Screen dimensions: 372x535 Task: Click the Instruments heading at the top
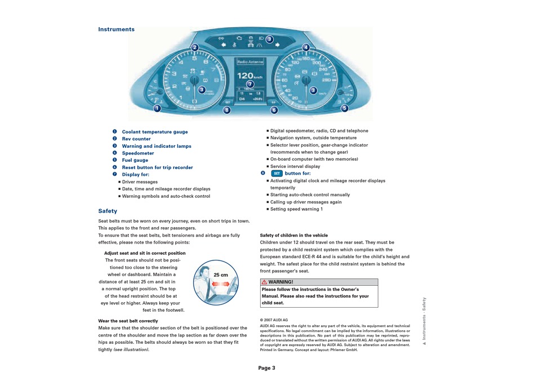(x=117, y=29)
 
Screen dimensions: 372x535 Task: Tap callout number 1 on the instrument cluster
(x=157, y=108)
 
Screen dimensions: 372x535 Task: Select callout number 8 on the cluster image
(x=226, y=110)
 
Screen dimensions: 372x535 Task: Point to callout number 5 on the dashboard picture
(x=344, y=108)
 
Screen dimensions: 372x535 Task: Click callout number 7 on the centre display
(x=250, y=84)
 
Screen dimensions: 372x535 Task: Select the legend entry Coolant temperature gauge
(x=155, y=132)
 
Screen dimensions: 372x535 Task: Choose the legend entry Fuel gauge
(x=135, y=160)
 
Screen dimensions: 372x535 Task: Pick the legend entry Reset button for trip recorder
(x=157, y=167)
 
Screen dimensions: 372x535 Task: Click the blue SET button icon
(x=276, y=174)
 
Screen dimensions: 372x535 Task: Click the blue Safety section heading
(x=108, y=211)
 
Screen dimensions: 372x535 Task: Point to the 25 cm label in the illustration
(x=221, y=275)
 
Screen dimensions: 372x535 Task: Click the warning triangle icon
(x=264, y=282)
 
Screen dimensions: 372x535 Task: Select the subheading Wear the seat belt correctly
(x=128, y=321)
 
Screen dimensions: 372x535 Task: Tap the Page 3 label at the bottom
(x=267, y=368)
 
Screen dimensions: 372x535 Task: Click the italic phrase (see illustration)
(x=132, y=349)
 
